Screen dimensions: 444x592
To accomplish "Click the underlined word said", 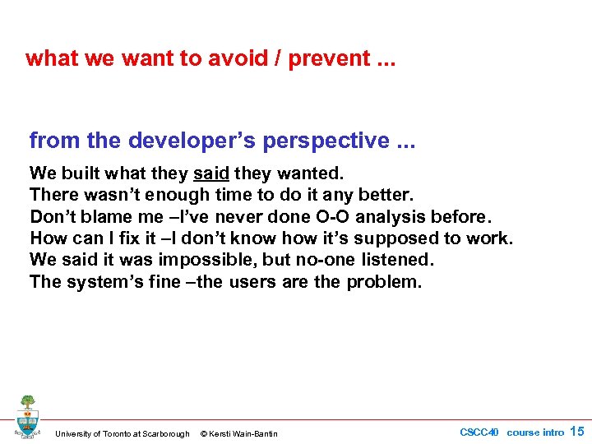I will pyautogui.click(x=211, y=173).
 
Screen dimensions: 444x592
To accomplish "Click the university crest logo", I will pyautogui.click(x=27, y=416).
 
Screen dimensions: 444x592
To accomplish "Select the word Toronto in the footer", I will pyautogui.click(x=116, y=434).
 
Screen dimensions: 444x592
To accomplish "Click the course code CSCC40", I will pyautogui.click(x=479, y=432).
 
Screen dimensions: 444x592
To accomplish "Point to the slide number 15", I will pyautogui.click(x=577, y=432).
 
